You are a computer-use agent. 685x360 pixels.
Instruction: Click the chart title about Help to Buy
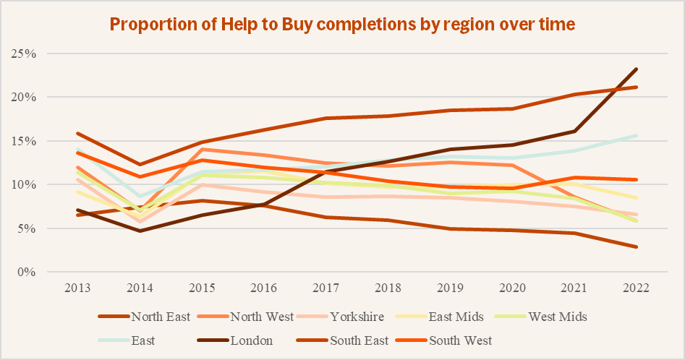click(x=342, y=24)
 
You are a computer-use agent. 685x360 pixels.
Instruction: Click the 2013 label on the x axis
click(x=78, y=287)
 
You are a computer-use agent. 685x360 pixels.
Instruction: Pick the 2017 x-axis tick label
click(x=326, y=287)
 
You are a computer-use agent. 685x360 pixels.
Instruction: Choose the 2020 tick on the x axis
click(x=512, y=287)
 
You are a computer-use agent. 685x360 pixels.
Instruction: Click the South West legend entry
click(x=459, y=340)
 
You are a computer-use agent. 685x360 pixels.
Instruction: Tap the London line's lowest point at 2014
click(x=140, y=231)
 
